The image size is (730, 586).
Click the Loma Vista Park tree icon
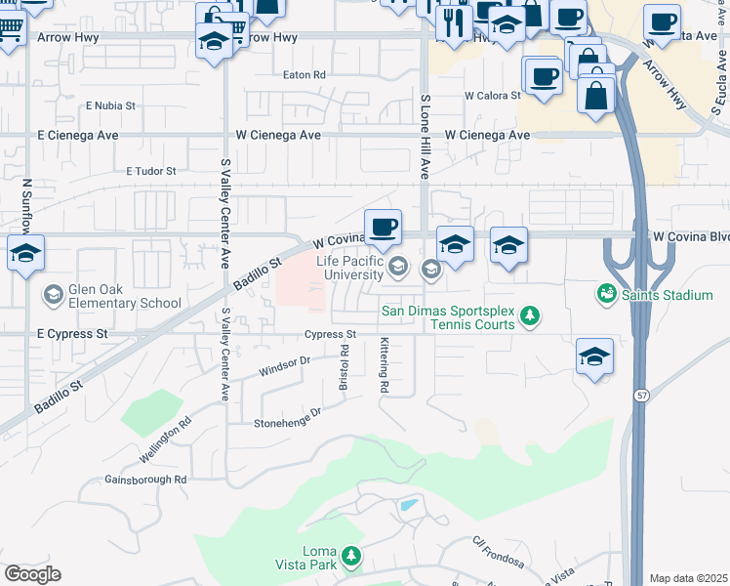tap(351, 557)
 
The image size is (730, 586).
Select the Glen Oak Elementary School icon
tap(54, 294)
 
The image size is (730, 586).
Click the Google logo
tap(33, 573)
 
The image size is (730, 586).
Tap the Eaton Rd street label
tap(304, 75)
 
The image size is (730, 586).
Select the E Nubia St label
tap(109, 105)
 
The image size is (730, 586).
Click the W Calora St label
tap(494, 97)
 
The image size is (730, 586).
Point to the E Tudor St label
tap(150, 171)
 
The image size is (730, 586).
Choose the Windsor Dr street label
tap(284, 367)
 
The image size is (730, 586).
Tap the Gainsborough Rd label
tap(145, 480)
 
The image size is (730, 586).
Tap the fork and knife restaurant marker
tap(454, 21)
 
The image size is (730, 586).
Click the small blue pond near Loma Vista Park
tap(409, 507)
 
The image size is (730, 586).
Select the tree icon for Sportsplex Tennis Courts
tap(530, 314)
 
